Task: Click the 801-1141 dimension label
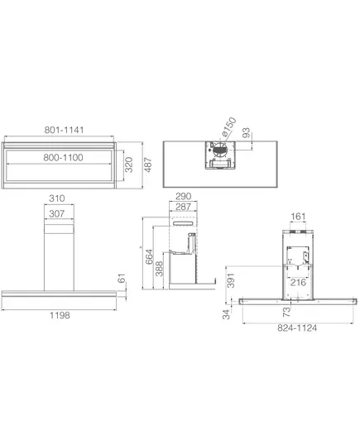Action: pos(64,130)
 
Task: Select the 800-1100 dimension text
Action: pos(63,157)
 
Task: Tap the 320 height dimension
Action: pos(129,165)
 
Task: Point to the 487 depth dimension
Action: pos(148,165)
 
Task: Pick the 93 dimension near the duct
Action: pos(246,133)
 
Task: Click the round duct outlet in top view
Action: pos(219,150)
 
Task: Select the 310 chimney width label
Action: pos(57,198)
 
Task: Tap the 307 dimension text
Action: pos(57,213)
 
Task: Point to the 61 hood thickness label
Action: pos(121,278)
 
